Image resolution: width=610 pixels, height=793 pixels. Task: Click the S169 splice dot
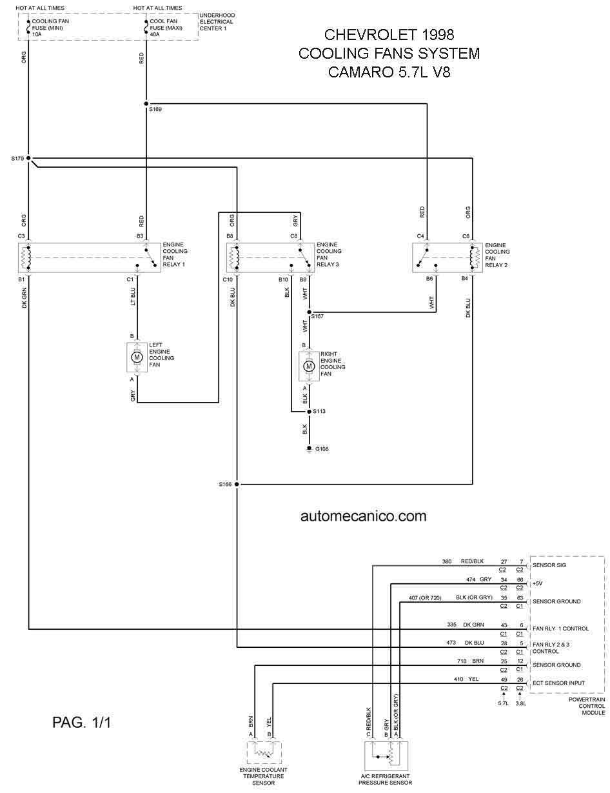[x=146, y=104]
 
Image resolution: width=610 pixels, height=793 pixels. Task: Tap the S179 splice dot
[x=28, y=158]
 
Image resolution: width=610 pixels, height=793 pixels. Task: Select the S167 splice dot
[x=310, y=312]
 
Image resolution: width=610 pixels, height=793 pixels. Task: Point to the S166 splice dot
[x=237, y=485]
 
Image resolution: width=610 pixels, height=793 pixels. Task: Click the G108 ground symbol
[x=310, y=448]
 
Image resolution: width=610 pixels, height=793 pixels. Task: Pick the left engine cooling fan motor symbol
[x=137, y=357]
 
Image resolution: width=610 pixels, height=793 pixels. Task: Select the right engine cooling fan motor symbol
[x=310, y=366]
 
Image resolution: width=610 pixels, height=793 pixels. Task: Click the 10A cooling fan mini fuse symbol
[x=28, y=27]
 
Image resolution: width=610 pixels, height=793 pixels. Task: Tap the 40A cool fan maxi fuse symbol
[x=146, y=27]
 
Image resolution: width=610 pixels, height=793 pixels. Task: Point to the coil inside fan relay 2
[x=475, y=257]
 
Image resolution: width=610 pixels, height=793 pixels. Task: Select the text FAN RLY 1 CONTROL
[x=560, y=628]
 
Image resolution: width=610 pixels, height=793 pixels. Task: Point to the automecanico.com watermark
[x=363, y=516]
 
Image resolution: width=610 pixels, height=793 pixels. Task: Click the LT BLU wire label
[x=133, y=297]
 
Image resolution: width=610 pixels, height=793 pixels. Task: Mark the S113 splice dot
[x=310, y=412]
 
